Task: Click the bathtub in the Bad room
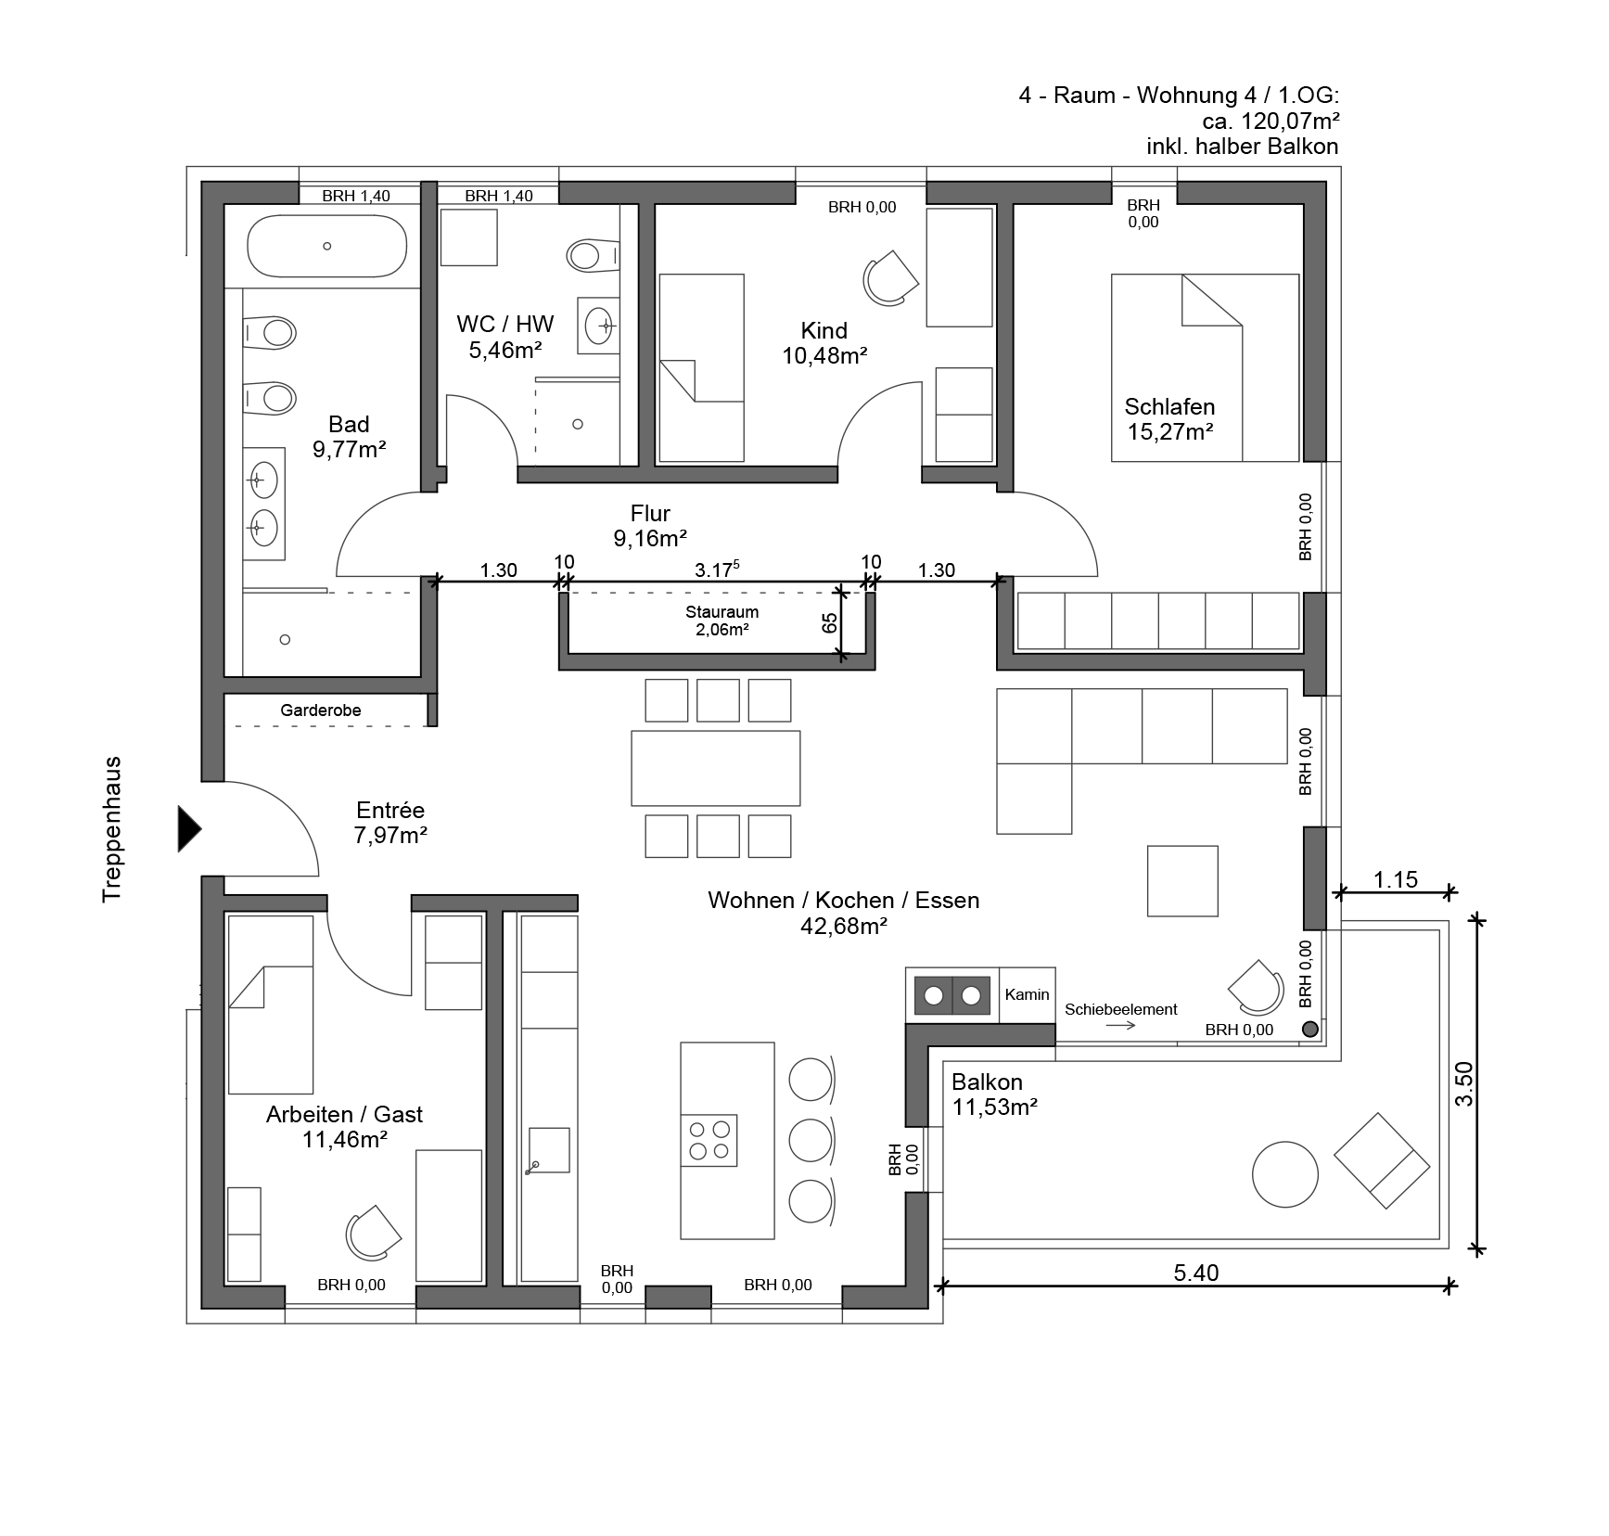pos(326,246)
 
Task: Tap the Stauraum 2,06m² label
pos(722,621)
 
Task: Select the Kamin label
pos(1027,994)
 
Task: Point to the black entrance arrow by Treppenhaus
pos(189,828)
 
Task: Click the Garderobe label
pos(321,710)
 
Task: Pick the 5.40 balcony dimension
pos(1196,1273)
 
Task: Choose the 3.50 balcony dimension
pos(1463,1083)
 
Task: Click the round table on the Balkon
pos(1285,1173)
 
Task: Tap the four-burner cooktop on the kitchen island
pos(709,1140)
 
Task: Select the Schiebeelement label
pos(1120,1009)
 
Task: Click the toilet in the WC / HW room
pos(592,254)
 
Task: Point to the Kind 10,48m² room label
pos(824,343)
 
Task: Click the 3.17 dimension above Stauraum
pos(716,570)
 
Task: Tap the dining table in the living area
pos(715,768)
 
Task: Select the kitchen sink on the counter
pos(548,1150)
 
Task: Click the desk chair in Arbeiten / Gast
pos(373,1232)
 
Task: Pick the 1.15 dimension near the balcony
pos(1396,879)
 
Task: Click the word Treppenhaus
pos(112,829)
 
